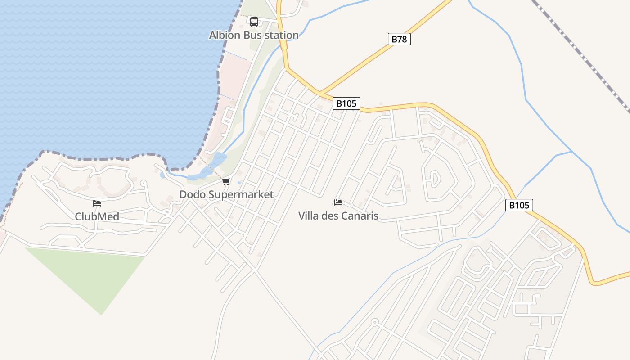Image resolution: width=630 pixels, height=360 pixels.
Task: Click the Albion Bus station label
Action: point(254,35)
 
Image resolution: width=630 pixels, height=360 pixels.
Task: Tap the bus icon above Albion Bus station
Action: point(254,22)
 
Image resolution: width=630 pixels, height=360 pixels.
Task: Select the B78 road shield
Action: point(399,39)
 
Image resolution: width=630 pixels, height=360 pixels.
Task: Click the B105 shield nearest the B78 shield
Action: point(346,103)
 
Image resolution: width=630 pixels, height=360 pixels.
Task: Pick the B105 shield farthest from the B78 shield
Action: point(519,205)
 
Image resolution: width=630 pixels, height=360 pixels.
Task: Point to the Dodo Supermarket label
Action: point(226,194)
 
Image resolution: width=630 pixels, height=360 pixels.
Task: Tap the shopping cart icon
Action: point(226,182)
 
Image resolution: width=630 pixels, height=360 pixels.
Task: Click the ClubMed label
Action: point(97,216)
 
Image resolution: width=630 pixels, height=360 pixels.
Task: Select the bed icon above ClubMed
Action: point(97,203)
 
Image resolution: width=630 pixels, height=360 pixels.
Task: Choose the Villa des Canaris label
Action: point(338,216)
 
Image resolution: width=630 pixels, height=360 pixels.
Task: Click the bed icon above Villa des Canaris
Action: point(338,202)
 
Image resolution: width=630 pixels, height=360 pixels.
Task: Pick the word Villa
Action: point(308,216)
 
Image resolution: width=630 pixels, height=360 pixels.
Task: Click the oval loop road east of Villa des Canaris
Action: point(433,180)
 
